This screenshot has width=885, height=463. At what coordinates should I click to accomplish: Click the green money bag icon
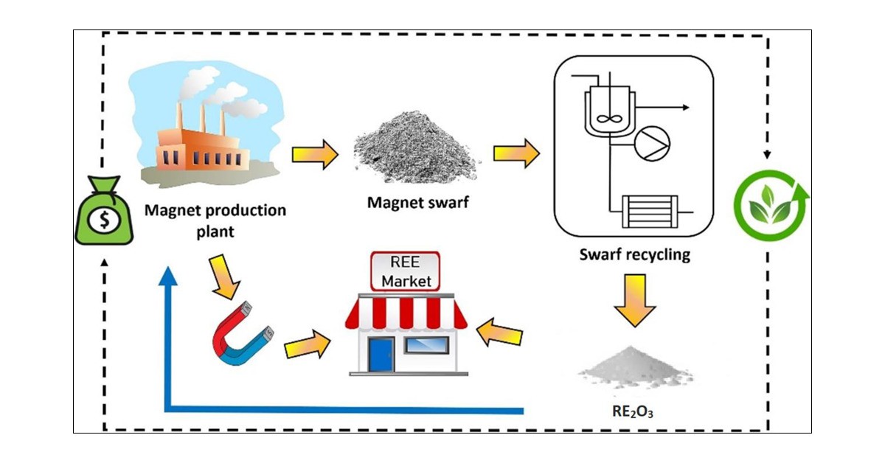(104, 213)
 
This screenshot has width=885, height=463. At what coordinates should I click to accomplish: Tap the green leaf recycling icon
(770, 202)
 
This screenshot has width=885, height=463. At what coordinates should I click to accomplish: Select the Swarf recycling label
(634, 256)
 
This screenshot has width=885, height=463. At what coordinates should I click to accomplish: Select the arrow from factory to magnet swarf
(315, 155)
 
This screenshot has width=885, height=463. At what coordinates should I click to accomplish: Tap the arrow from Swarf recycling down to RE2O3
(634, 297)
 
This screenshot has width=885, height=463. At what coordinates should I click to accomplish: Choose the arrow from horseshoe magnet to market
(305, 344)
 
